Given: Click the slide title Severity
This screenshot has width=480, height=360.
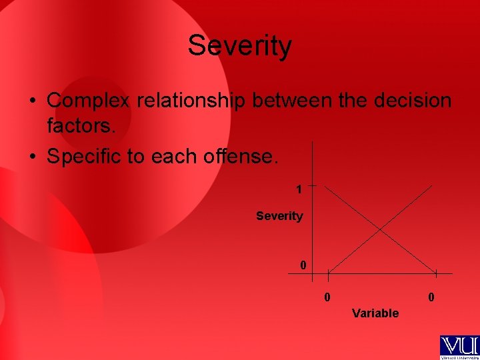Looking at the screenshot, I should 239,46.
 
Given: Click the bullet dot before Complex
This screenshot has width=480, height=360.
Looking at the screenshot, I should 32,102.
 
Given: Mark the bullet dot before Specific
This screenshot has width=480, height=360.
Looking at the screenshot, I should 32,157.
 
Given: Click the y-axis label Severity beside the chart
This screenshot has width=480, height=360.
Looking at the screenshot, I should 279,216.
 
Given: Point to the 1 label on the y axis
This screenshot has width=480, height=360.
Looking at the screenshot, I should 300,189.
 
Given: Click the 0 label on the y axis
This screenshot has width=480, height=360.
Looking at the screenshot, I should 303,265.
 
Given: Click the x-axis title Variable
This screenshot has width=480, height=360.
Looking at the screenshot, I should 375,313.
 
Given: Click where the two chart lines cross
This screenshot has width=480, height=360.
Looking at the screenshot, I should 381,230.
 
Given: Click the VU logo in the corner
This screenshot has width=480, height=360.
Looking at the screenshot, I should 459,347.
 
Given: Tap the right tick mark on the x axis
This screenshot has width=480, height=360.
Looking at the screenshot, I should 436,273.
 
